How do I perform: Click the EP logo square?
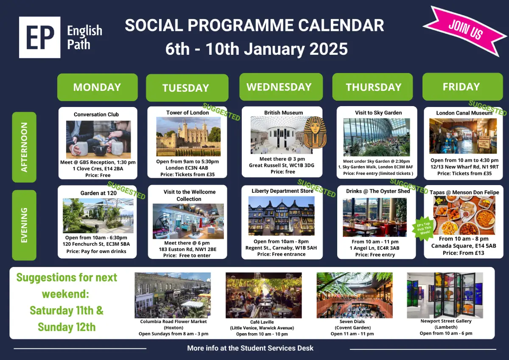pyautogui.click(x=40, y=37)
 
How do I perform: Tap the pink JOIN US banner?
pyautogui.click(x=465, y=31)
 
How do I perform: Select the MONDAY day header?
pyautogui.click(x=98, y=87)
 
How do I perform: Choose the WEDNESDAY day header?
pyautogui.click(x=281, y=87)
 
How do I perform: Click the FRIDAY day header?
pyautogui.click(x=463, y=87)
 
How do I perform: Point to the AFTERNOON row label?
pyautogui.click(x=24, y=147)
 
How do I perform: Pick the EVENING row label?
pyautogui.click(x=24, y=225)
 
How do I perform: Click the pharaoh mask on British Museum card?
pyautogui.click(x=315, y=132)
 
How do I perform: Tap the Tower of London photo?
pyautogui.click(x=188, y=136)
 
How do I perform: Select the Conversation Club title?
pyautogui.click(x=96, y=114)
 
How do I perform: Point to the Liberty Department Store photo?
pyautogui.click(x=282, y=216)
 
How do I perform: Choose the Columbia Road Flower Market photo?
pyautogui.click(x=173, y=295)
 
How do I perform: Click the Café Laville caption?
pyautogui.click(x=262, y=328)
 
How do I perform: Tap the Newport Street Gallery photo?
pyautogui.click(x=445, y=295)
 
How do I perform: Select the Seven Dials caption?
pyautogui.click(x=352, y=327)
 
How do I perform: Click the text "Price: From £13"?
pyautogui.click(x=464, y=253)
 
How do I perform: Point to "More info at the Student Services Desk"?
pyautogui.click(x=250, y=348)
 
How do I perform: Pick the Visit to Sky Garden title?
pyautogui.click(x=378, y=112)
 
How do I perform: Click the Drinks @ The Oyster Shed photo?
pyautogui.click(x=375, y=217)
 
